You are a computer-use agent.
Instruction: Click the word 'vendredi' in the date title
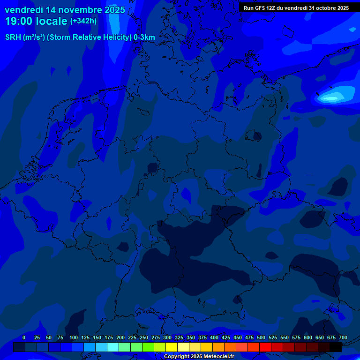[x=23, y=10]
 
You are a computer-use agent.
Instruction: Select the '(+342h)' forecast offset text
[x=83, y=21]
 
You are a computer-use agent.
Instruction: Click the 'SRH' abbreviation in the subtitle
[x=13, y=37]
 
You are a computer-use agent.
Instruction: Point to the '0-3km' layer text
[x=144, y=37]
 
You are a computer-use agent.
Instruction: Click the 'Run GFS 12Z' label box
[x=296, y=7]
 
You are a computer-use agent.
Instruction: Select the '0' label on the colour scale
[x=24, y=337]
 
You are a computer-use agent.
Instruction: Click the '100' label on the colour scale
[x=74, y=337]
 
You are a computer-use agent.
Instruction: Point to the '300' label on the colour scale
[x=167, y=337]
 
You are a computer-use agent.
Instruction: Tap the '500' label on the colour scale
[x=261, y=337]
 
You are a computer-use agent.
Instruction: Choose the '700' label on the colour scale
[x=343, y=337]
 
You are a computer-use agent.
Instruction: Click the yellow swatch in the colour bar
[x=172, y=347]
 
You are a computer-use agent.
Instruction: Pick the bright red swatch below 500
[x=265, y=347]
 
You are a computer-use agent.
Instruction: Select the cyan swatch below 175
[x=113, y=347]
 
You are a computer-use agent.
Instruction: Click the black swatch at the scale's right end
[x=336, y=347]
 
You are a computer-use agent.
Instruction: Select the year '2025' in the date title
[x=112, y=10]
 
